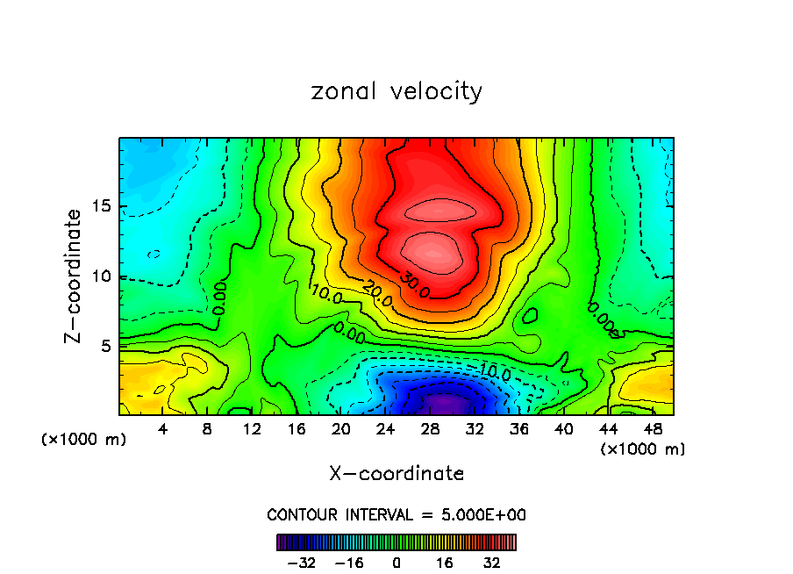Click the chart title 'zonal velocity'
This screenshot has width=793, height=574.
pyautogui.click(x=396, y=91)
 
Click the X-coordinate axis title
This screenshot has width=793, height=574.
pyautogui.click(x=396, y=474)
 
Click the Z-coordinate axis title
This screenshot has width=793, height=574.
pyautogui.click(x=74, y=276)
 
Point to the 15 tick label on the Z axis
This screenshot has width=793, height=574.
pyautogui.click(x=101, y=207)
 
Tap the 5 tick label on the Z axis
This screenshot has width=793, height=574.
pyautogui.click(x=106, y=346)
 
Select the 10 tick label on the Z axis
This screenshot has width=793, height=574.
pyautogui.click(x=101, y=276)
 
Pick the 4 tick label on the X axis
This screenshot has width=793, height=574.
pyautogui.click(x=163, y=430)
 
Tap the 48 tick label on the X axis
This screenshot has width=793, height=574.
pyautogui.click(x=653, y=430)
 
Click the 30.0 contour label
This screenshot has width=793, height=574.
pyautogui.click(x=414, y=284)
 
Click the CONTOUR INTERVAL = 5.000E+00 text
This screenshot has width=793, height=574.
pyautogui.click(x=396, y=514)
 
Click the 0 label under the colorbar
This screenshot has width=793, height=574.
pyautogui.click(x=396, y=561)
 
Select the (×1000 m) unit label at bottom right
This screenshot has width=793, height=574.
pyautogui.click(x=642, y=449)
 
